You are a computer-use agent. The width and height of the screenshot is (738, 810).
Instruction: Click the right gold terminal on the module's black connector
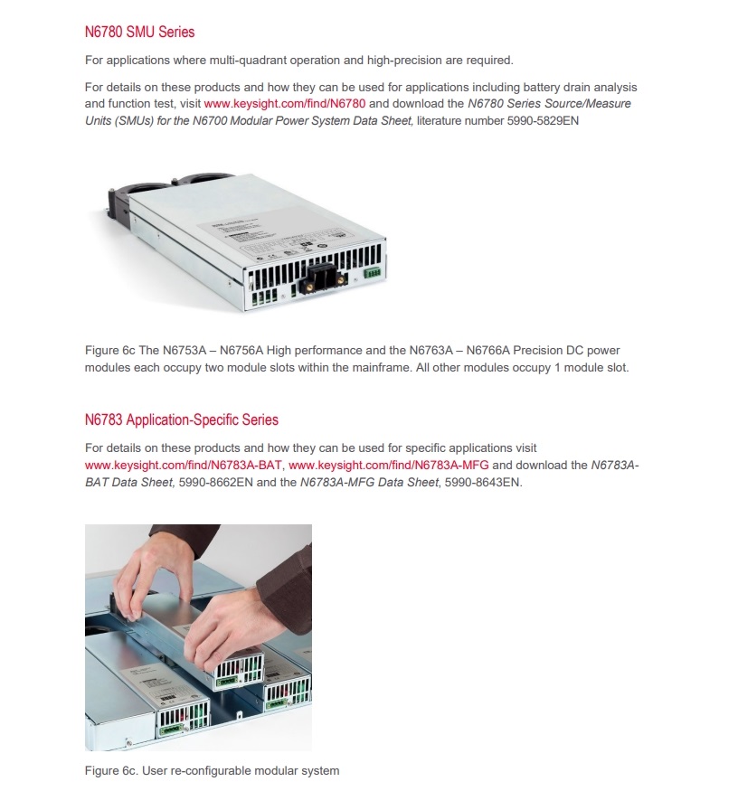click(x=341, y=279)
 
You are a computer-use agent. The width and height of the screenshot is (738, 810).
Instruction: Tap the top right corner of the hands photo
click(x=312, y=524)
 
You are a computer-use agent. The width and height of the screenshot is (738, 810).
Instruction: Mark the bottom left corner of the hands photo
click(x=85, y=750)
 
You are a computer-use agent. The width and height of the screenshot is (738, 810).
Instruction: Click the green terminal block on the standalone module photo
click(x=372, y=272)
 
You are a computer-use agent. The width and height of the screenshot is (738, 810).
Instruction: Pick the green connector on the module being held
click(x=228, y=682)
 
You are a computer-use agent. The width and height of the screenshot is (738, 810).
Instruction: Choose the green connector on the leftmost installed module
click(x=172, y=729)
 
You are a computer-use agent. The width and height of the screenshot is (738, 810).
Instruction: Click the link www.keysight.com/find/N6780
click(x=285, y=104)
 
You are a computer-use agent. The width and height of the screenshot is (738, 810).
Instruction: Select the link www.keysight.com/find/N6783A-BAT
click(x=184, y=466)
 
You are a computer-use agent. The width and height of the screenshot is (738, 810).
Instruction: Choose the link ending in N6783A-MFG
click(x=389, y=466)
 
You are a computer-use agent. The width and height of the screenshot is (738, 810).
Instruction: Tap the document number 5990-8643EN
click(x=483, y=483)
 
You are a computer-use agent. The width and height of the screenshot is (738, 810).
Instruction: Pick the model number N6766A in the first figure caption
click(x=487, y=351)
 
